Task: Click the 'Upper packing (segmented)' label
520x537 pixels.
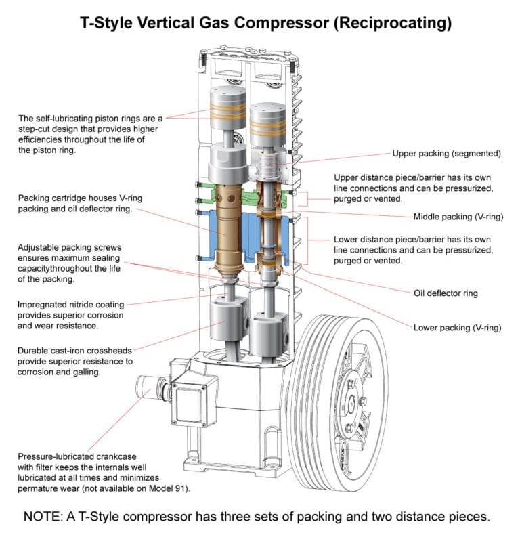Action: coord(446,154)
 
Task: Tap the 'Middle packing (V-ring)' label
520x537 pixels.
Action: coord(458,217)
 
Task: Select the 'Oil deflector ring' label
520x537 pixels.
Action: coord(446,294)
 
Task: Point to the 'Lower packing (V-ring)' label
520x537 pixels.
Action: coord(457,328)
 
